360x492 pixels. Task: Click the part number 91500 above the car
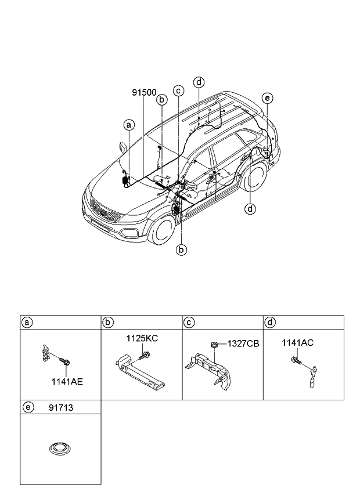click(x=143, y=92)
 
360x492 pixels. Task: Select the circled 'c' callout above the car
click(x=179, y=90)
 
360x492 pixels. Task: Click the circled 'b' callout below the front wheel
click(x=182, y=250)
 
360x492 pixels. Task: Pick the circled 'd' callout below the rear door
click(x=250, y=209)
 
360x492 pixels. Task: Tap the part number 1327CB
click(x=243, y=343)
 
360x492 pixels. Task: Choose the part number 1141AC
click(x=298, y=342)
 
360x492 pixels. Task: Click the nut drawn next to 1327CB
click(x=214, y=344)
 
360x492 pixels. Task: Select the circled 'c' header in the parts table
click(x=189, y=322)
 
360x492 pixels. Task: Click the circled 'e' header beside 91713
click(x=27, y=408)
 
